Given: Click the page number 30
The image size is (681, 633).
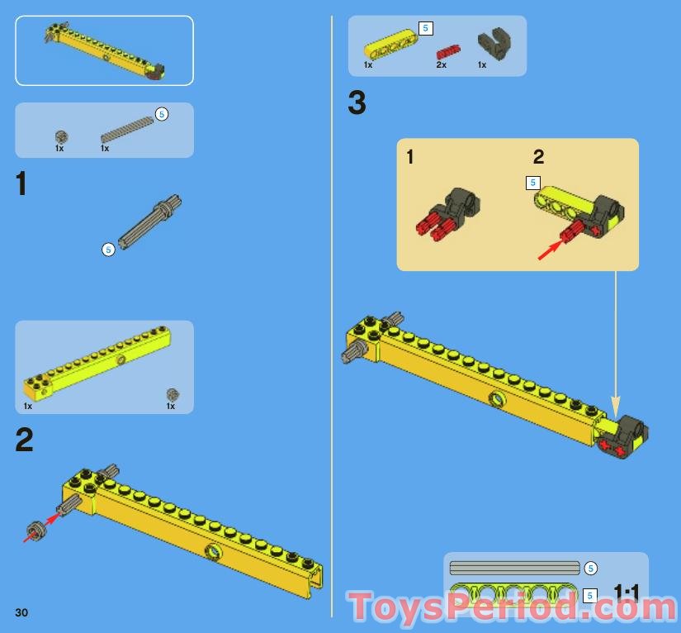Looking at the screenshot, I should click(21, 612).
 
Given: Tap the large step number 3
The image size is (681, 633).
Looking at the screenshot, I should click(357, 104).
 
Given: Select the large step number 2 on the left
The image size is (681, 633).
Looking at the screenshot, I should click(25, 440).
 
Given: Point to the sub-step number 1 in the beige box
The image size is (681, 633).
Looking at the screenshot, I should click(411, 157).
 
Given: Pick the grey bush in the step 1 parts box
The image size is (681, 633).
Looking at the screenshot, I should click(60, 136).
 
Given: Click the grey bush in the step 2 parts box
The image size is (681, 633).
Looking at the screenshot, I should click(173, 394).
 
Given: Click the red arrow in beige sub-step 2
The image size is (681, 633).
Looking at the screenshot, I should click(549, 249).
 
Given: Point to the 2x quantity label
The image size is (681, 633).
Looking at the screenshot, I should click(442, 64).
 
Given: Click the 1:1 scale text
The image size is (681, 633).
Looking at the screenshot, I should click(627, 592).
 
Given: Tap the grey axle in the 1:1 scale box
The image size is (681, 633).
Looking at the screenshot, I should click(514, 569).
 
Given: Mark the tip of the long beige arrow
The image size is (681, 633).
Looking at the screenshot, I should click(615, 413).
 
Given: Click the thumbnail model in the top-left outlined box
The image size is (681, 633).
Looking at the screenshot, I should click(104, 50).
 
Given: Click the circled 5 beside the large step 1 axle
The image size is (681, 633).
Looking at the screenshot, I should click(108, 249).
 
